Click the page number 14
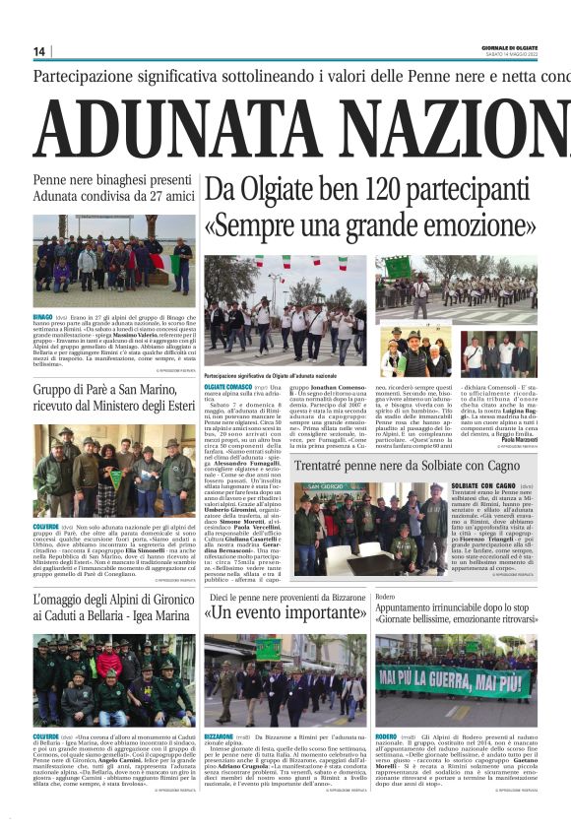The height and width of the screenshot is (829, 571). [39, 51]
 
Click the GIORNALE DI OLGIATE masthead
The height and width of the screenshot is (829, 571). [509, 47]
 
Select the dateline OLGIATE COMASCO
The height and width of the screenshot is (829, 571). [227, 387]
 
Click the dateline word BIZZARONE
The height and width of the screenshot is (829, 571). [219, 735]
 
